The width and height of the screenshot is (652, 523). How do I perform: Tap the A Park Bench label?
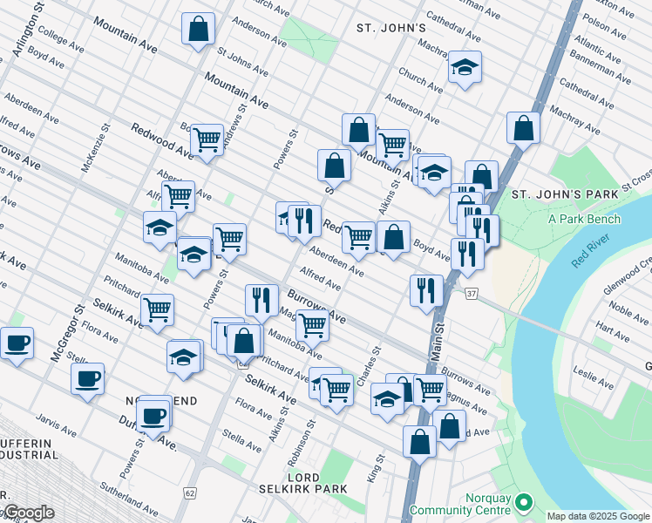[584, 218]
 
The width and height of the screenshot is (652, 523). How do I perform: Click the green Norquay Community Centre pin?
[523, 502]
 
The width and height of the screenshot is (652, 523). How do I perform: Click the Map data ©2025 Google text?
[598, 516]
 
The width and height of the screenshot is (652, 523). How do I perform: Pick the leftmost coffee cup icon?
[17, 343]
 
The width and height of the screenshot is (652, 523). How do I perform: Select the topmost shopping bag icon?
[199, 28]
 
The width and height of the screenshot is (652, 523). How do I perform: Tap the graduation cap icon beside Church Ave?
[465, 67]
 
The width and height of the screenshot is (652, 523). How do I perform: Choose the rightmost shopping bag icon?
[523, 128]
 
